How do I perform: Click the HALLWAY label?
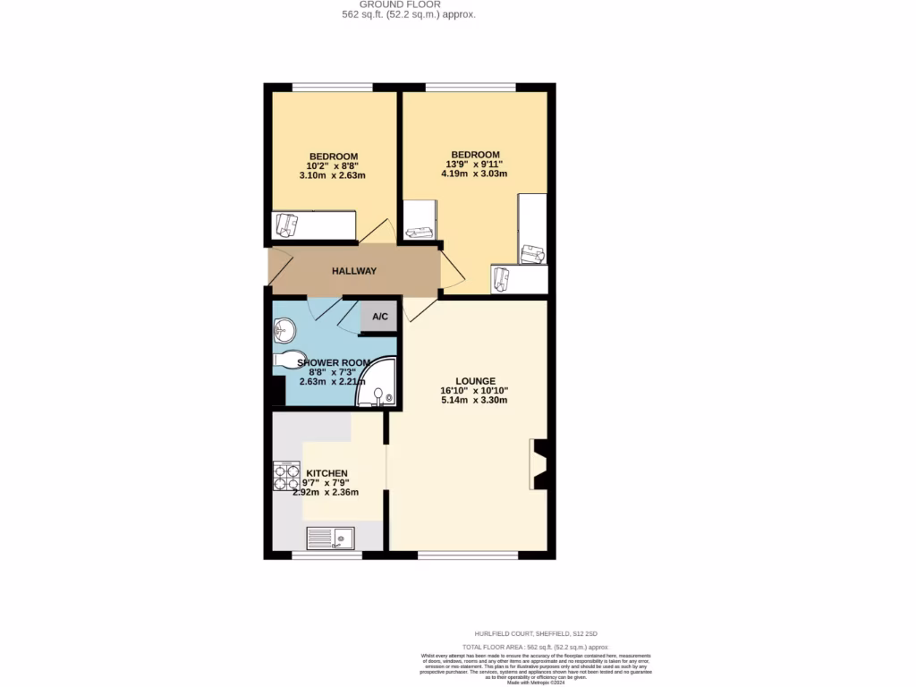click(x=354, y=271)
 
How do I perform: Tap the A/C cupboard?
click(x=379, y=317)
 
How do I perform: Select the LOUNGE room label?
click(x=474, y=380)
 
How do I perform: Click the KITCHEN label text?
click(x=327, y=473)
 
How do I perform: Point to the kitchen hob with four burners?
click(x=286, y=476)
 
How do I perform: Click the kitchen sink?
click(x=331, y=538)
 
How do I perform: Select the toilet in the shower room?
click(x=287, y=360)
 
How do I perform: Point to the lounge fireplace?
click(x=540, y=464)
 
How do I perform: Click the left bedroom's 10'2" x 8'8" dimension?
click(x=333, y=165)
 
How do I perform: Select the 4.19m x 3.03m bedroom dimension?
click(x=474, y=174)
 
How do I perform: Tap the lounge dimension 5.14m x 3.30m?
click(x=474, y=400)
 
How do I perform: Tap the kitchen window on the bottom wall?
click(x=327, y=556)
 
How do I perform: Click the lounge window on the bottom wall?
click(x=468, y=556)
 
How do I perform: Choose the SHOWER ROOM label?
click(x=332, y=362)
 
